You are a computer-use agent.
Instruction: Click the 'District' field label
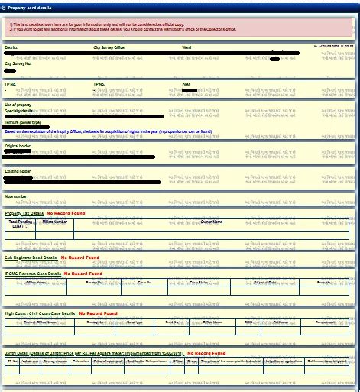click(x=11, y=47)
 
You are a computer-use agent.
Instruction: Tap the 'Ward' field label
click(x=186, y=47)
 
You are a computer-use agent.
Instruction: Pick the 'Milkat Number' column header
click(x=55, y=222)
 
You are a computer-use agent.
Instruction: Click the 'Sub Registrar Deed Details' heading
click(x=31, y=258)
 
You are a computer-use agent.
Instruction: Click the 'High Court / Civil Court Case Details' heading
click(x=40, y=313)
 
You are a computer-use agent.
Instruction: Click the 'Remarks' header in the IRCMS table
click(x=324, y=282)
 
